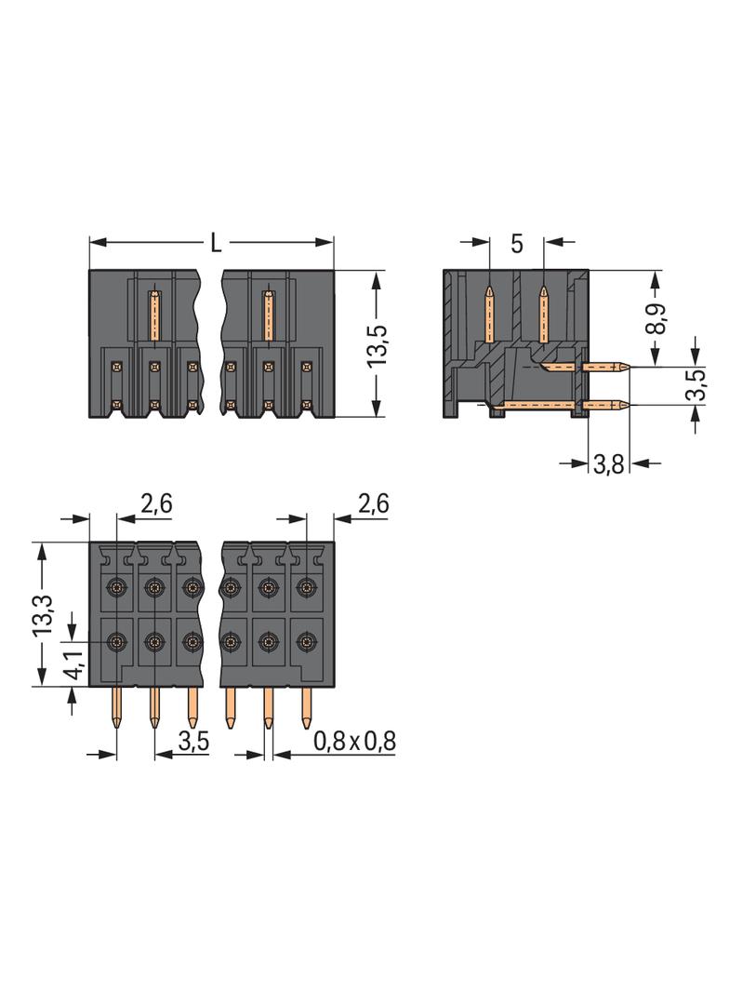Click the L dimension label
click(216, 244)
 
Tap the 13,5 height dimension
click(377, 345)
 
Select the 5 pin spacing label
click(517, 244)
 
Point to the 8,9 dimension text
click(656, 317)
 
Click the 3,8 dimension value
click(608, 465)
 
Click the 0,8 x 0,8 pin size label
click(354, 741)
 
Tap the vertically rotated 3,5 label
click(696, 385)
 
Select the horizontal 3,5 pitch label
click(192, 741)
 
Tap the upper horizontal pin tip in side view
click(628, 366)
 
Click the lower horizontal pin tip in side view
click(628, 405)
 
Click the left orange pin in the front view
click(155, 315)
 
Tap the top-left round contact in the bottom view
click(116, 586)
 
